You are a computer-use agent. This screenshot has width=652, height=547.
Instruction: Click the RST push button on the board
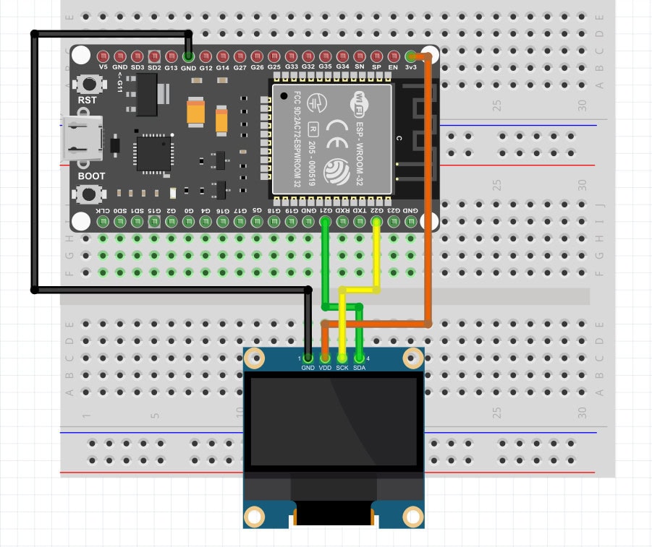89,85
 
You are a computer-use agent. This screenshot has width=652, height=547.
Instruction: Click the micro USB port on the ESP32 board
80,138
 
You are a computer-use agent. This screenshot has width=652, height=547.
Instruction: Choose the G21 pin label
325,210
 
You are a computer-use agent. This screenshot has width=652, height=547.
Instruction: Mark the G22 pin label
376,210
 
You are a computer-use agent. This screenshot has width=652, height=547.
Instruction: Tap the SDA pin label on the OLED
360,368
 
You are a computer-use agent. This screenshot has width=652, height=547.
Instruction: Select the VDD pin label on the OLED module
325,368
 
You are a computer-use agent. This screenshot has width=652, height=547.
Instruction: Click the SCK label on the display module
342,368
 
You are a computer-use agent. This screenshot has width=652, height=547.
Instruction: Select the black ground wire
34,159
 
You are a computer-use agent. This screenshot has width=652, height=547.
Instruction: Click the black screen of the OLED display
334,422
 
